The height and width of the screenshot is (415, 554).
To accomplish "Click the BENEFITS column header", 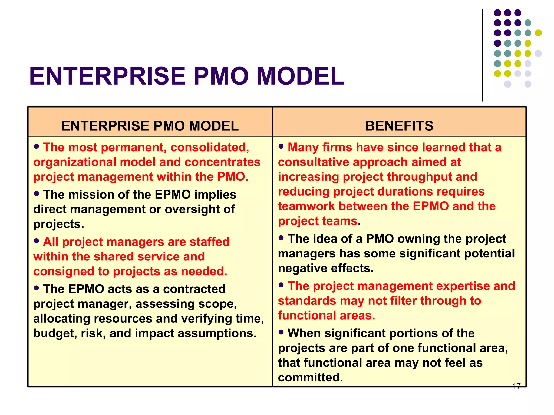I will point(399,126).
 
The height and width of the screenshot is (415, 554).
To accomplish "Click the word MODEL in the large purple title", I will point(300,76).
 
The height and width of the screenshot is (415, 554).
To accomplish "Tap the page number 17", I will point(516,386).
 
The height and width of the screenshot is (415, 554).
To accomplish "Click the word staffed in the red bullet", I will point(209,242).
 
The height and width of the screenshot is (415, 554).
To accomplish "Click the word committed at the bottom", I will point(310,378).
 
